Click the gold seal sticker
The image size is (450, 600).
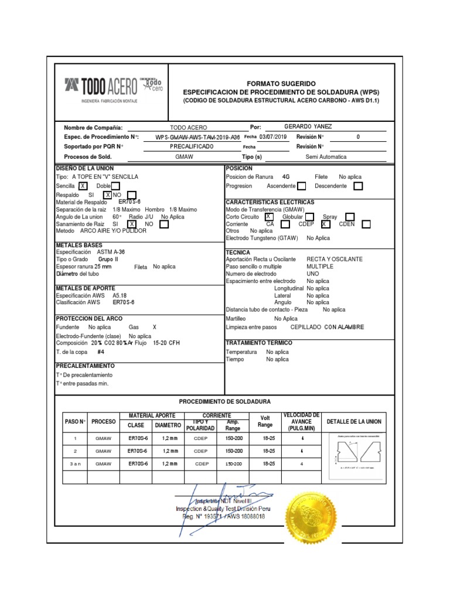click(311, 518)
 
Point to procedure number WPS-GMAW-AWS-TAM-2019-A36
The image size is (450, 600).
click(198, 137)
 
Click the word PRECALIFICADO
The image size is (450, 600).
click(192, 146)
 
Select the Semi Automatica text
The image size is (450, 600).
click(326, 157)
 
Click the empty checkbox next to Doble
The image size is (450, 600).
click(115, 186)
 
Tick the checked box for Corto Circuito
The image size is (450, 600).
click(269, 216)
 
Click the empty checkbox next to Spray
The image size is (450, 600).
click(350, 216)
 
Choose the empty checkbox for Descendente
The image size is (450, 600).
click(358, 186)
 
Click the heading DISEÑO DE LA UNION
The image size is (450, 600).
click(81, 168)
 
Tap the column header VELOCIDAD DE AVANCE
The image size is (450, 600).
click(301, 421)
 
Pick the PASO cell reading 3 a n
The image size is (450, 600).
click(75, 463)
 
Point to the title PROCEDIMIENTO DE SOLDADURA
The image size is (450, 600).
click(224, 401)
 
